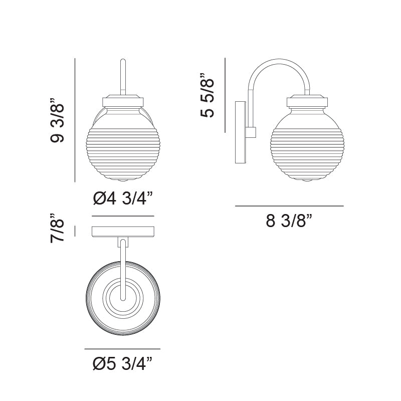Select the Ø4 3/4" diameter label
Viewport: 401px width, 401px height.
click(123, 199)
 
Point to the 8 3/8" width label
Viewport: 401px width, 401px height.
click(289, 221)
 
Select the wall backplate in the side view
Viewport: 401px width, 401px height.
click(240, 132)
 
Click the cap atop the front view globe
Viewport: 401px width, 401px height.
click(123, 101)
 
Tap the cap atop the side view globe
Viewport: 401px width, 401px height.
click(307, 102)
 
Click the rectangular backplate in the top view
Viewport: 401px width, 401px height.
click(123, 232)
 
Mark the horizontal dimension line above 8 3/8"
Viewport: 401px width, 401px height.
click(289, 206)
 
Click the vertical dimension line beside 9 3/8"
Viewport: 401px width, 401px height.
click(75, 120)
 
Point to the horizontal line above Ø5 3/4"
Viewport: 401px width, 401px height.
click(123, 349)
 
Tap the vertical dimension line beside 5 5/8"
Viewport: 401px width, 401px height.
click(226, 95)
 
